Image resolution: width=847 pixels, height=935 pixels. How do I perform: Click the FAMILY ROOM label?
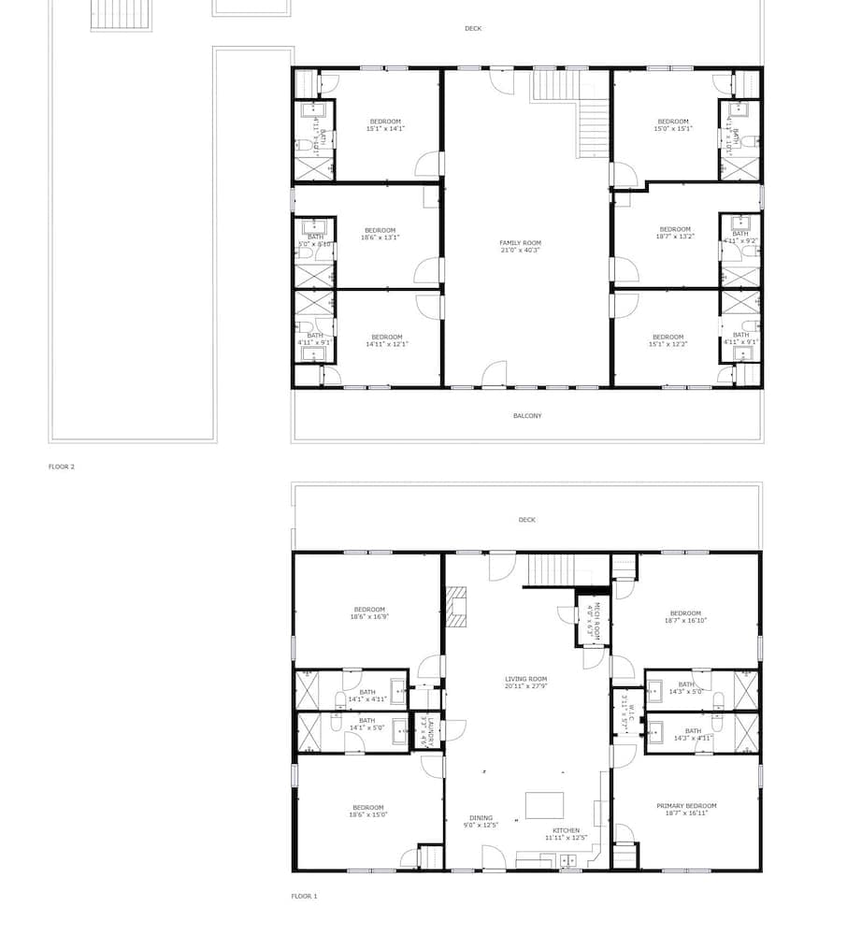click(520, 242)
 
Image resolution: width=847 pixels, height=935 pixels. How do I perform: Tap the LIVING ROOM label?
click(525, 679)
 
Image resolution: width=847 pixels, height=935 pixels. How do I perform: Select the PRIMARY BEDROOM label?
click(686, 806)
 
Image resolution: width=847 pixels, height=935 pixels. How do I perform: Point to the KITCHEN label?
click(566, 830)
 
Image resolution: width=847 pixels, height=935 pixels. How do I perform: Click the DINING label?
click(481, 817)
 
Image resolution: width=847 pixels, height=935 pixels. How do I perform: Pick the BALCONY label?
click(526, 416)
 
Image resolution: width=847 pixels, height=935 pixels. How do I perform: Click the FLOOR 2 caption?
click(62, 466)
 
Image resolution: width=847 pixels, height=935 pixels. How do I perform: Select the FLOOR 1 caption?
click(304, 896)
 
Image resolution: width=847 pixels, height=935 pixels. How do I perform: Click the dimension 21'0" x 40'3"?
click(520, 251)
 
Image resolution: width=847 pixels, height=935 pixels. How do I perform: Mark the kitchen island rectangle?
click(544, 805)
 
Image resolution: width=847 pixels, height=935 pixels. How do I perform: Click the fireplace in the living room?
click(455, 607)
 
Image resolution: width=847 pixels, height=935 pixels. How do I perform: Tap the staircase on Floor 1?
click(549, 568)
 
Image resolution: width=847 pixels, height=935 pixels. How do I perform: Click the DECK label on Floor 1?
click(526, 520)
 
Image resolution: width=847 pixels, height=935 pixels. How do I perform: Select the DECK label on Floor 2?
click(473, 29)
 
